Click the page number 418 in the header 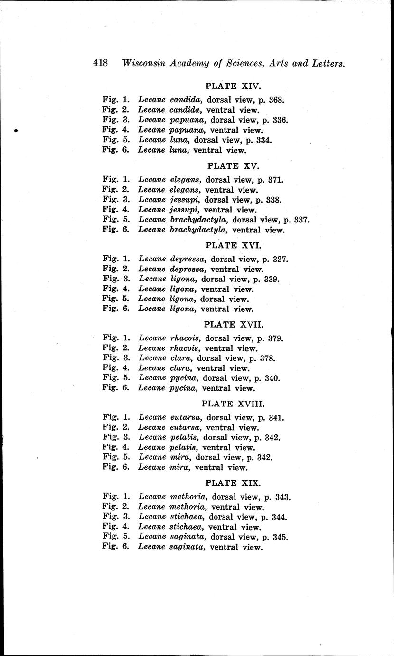(101, 63)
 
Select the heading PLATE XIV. (234, 87)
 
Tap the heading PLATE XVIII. (233, 404)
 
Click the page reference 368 (275, 100)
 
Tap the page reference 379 (275, 339)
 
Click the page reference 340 (273, 378)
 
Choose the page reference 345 (280, 537)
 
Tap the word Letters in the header (328, 63)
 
